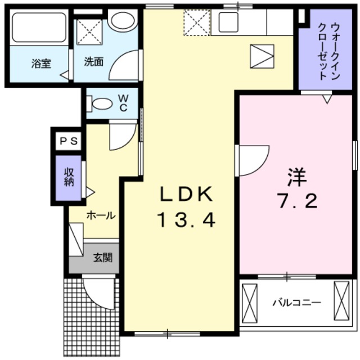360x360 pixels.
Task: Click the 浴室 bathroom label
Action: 40,64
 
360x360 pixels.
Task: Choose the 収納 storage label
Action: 69,177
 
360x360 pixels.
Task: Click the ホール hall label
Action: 101,215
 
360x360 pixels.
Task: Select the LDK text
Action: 186,195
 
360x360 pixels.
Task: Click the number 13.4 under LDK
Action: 186,221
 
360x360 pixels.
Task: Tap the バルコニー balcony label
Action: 296,303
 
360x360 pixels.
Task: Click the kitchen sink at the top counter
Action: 229,22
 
